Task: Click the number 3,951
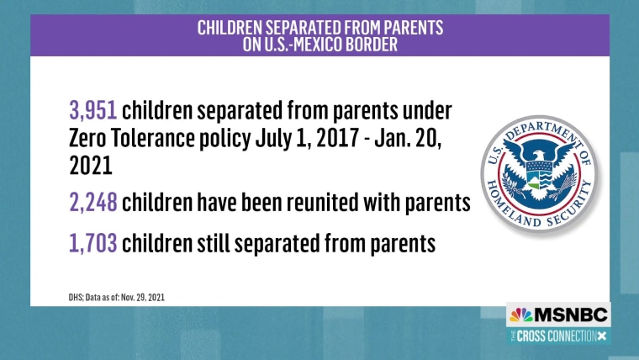(x=93, y=111)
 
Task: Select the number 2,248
(x=93, y=202)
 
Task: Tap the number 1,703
(x=93, y=243)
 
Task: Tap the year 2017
(x=337, y=138)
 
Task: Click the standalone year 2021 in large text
(x=91, y=166)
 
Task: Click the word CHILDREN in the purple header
(x=230, y=28)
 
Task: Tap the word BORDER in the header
(x=372, y=45)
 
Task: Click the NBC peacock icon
(x=520, y=315)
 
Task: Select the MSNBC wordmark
(x=570, y=315)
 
